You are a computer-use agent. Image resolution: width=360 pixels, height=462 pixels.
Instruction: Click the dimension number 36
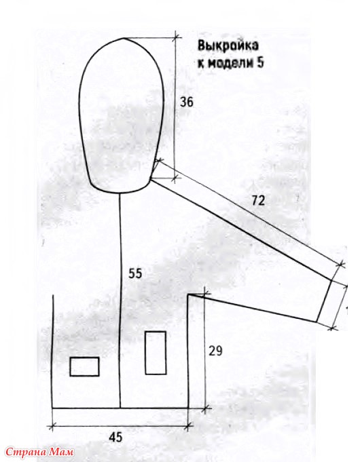pos(187,102)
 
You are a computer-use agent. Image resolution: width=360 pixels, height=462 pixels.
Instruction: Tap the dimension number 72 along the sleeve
pos(259,201)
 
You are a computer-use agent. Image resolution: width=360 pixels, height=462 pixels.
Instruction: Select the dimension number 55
pos(135,273)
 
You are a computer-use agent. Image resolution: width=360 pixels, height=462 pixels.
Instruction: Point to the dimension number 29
pos(215,351)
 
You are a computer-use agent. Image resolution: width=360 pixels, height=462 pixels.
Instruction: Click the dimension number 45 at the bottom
pos(115,438)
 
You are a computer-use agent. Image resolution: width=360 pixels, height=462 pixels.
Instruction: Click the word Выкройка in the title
pos(228,46)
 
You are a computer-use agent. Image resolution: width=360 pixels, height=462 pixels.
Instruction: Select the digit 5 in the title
pos(259,63)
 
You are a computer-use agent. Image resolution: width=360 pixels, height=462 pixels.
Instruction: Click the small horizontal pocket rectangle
pos(84,366)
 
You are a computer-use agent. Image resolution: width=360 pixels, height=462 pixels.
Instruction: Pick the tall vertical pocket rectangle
pos(156,353)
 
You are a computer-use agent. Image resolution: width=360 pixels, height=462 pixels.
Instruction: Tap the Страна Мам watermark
pos(39,452)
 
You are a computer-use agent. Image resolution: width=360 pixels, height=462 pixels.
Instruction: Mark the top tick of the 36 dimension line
pos(176,37)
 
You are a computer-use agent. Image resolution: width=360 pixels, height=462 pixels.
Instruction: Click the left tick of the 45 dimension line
pos(52,426)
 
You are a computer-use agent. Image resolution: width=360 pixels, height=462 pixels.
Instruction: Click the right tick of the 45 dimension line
pos(189,425)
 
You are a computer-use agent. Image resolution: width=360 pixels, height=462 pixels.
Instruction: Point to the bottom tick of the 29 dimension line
pos(205,408)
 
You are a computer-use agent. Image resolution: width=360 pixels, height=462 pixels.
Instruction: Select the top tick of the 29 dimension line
pos(205,294)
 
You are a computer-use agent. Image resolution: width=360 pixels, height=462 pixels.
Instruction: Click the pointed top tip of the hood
pos(124,38)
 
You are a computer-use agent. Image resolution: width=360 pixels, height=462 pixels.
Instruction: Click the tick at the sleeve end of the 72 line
pos(342,264)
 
